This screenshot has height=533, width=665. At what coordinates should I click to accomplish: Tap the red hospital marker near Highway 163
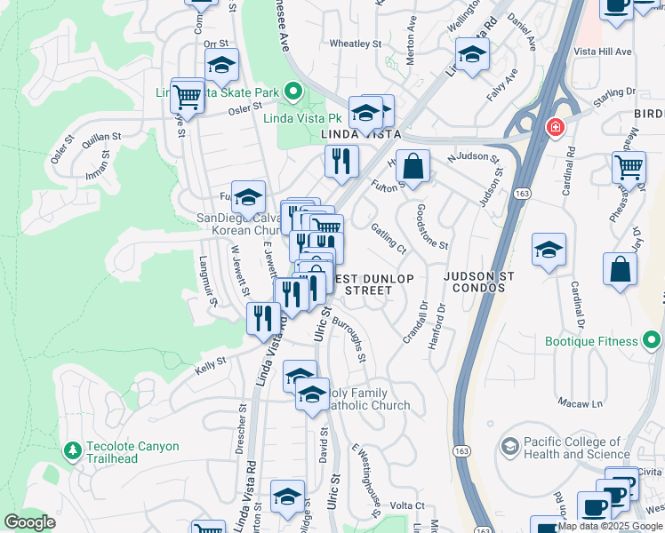pos(556,128)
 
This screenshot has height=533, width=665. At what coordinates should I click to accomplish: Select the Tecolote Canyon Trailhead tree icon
pos(72,452)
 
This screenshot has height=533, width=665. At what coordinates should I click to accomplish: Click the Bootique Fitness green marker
pos(653,340)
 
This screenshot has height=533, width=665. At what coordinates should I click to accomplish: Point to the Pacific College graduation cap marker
pos(510,446)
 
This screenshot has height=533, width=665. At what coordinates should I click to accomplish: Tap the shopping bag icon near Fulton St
pos(413,166)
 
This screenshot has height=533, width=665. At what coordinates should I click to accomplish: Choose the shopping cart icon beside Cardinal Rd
pos(629,167)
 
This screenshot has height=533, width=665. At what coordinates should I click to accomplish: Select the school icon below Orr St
pos(221,65)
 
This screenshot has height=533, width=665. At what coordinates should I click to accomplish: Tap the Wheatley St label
pos(355,43)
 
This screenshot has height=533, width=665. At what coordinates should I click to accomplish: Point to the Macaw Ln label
pos(580,403)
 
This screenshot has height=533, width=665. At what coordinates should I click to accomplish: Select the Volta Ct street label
pos(407,505)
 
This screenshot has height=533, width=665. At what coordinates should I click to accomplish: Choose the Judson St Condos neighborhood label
pos(483,282)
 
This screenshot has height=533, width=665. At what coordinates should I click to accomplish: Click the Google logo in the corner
pos(29,522)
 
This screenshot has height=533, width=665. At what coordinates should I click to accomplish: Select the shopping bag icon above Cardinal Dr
pos(620,271)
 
